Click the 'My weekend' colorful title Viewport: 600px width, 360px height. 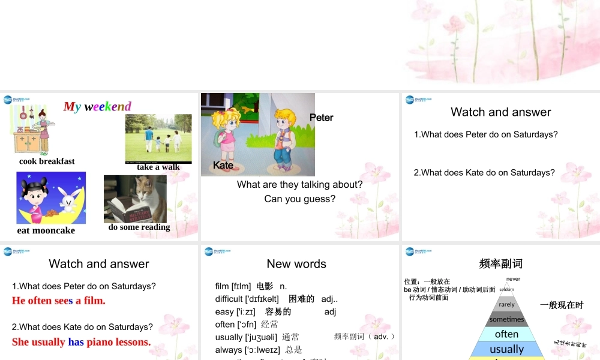(x=97, y=107)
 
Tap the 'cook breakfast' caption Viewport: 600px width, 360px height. (x=47, y=161)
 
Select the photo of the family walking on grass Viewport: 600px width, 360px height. (x=158, y=137)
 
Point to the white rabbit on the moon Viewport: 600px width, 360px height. (x=67, y=200)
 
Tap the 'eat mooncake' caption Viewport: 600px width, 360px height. (x=46, y=230)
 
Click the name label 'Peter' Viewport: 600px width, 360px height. (x=321, y=118)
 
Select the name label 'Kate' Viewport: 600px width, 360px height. (x=223, y=165)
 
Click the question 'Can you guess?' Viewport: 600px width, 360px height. (x=299, y=199)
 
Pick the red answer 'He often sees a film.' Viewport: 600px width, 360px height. (x=59, y=301)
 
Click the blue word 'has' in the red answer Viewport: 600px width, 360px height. (x=76, y=342)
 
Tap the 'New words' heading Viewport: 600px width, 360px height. (x=296, y=263)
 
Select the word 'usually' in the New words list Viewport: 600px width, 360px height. (x=229, y=337)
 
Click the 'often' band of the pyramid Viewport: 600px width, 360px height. (x=506, y=334)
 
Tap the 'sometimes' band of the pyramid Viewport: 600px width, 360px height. (x=506, y=319)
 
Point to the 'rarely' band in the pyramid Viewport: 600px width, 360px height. (x=506, y=304)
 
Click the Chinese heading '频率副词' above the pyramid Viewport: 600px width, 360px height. (x=500, y=263)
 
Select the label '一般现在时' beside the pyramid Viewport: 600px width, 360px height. (x=562, y=305)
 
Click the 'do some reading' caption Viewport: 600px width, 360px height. (x=139, y=227)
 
